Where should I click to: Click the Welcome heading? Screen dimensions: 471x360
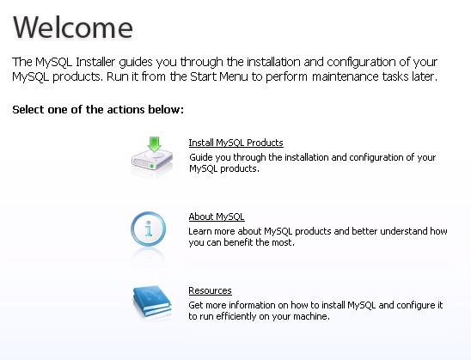point(73,27)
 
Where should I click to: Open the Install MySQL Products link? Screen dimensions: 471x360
point(235,143)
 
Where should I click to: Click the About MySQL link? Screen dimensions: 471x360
point(217,217)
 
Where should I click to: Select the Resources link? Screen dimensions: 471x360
point(210,290)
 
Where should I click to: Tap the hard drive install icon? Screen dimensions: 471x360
point(152,156)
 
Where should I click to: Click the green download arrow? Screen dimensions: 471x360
point(155,144)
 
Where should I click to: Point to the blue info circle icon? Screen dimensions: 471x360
point(148,229)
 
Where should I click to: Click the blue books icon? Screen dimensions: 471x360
point(152,302)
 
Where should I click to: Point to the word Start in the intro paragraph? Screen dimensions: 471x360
point(204,76)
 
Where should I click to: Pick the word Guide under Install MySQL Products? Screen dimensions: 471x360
point(200,157)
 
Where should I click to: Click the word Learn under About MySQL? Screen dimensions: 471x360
point(200,231)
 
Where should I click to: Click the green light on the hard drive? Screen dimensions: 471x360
point(152,166)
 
